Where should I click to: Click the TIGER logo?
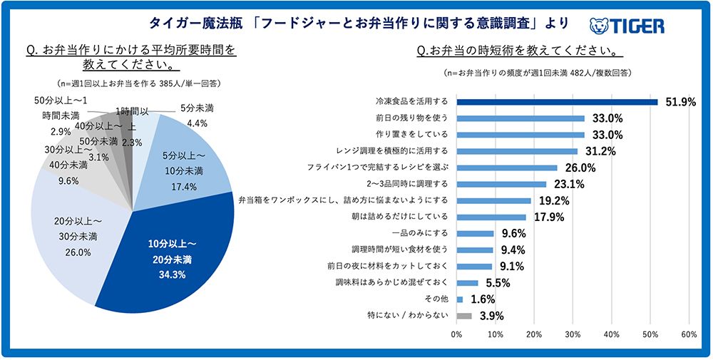pyautogui.click(x=627, y=26)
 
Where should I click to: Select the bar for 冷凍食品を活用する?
pyautogui.click(x=557, y=102)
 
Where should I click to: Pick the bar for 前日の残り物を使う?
pyautogui.click(x=520, y=118)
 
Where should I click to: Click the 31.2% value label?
pyautogui.click(x=600, y=151)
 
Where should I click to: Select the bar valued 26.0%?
pyautogui.click(x=507, y=168)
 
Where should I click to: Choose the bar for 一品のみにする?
pyautogui.click(x=475, y=233)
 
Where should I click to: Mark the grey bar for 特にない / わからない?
pyautogui.click(x=464, y=315)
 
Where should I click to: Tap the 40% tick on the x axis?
pyautogui.click(x=611, y=334)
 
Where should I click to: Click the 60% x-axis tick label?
pyautogui.click(x=689, y=334)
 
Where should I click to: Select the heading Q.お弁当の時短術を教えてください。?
pyautogui.click(x=518, y=51)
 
